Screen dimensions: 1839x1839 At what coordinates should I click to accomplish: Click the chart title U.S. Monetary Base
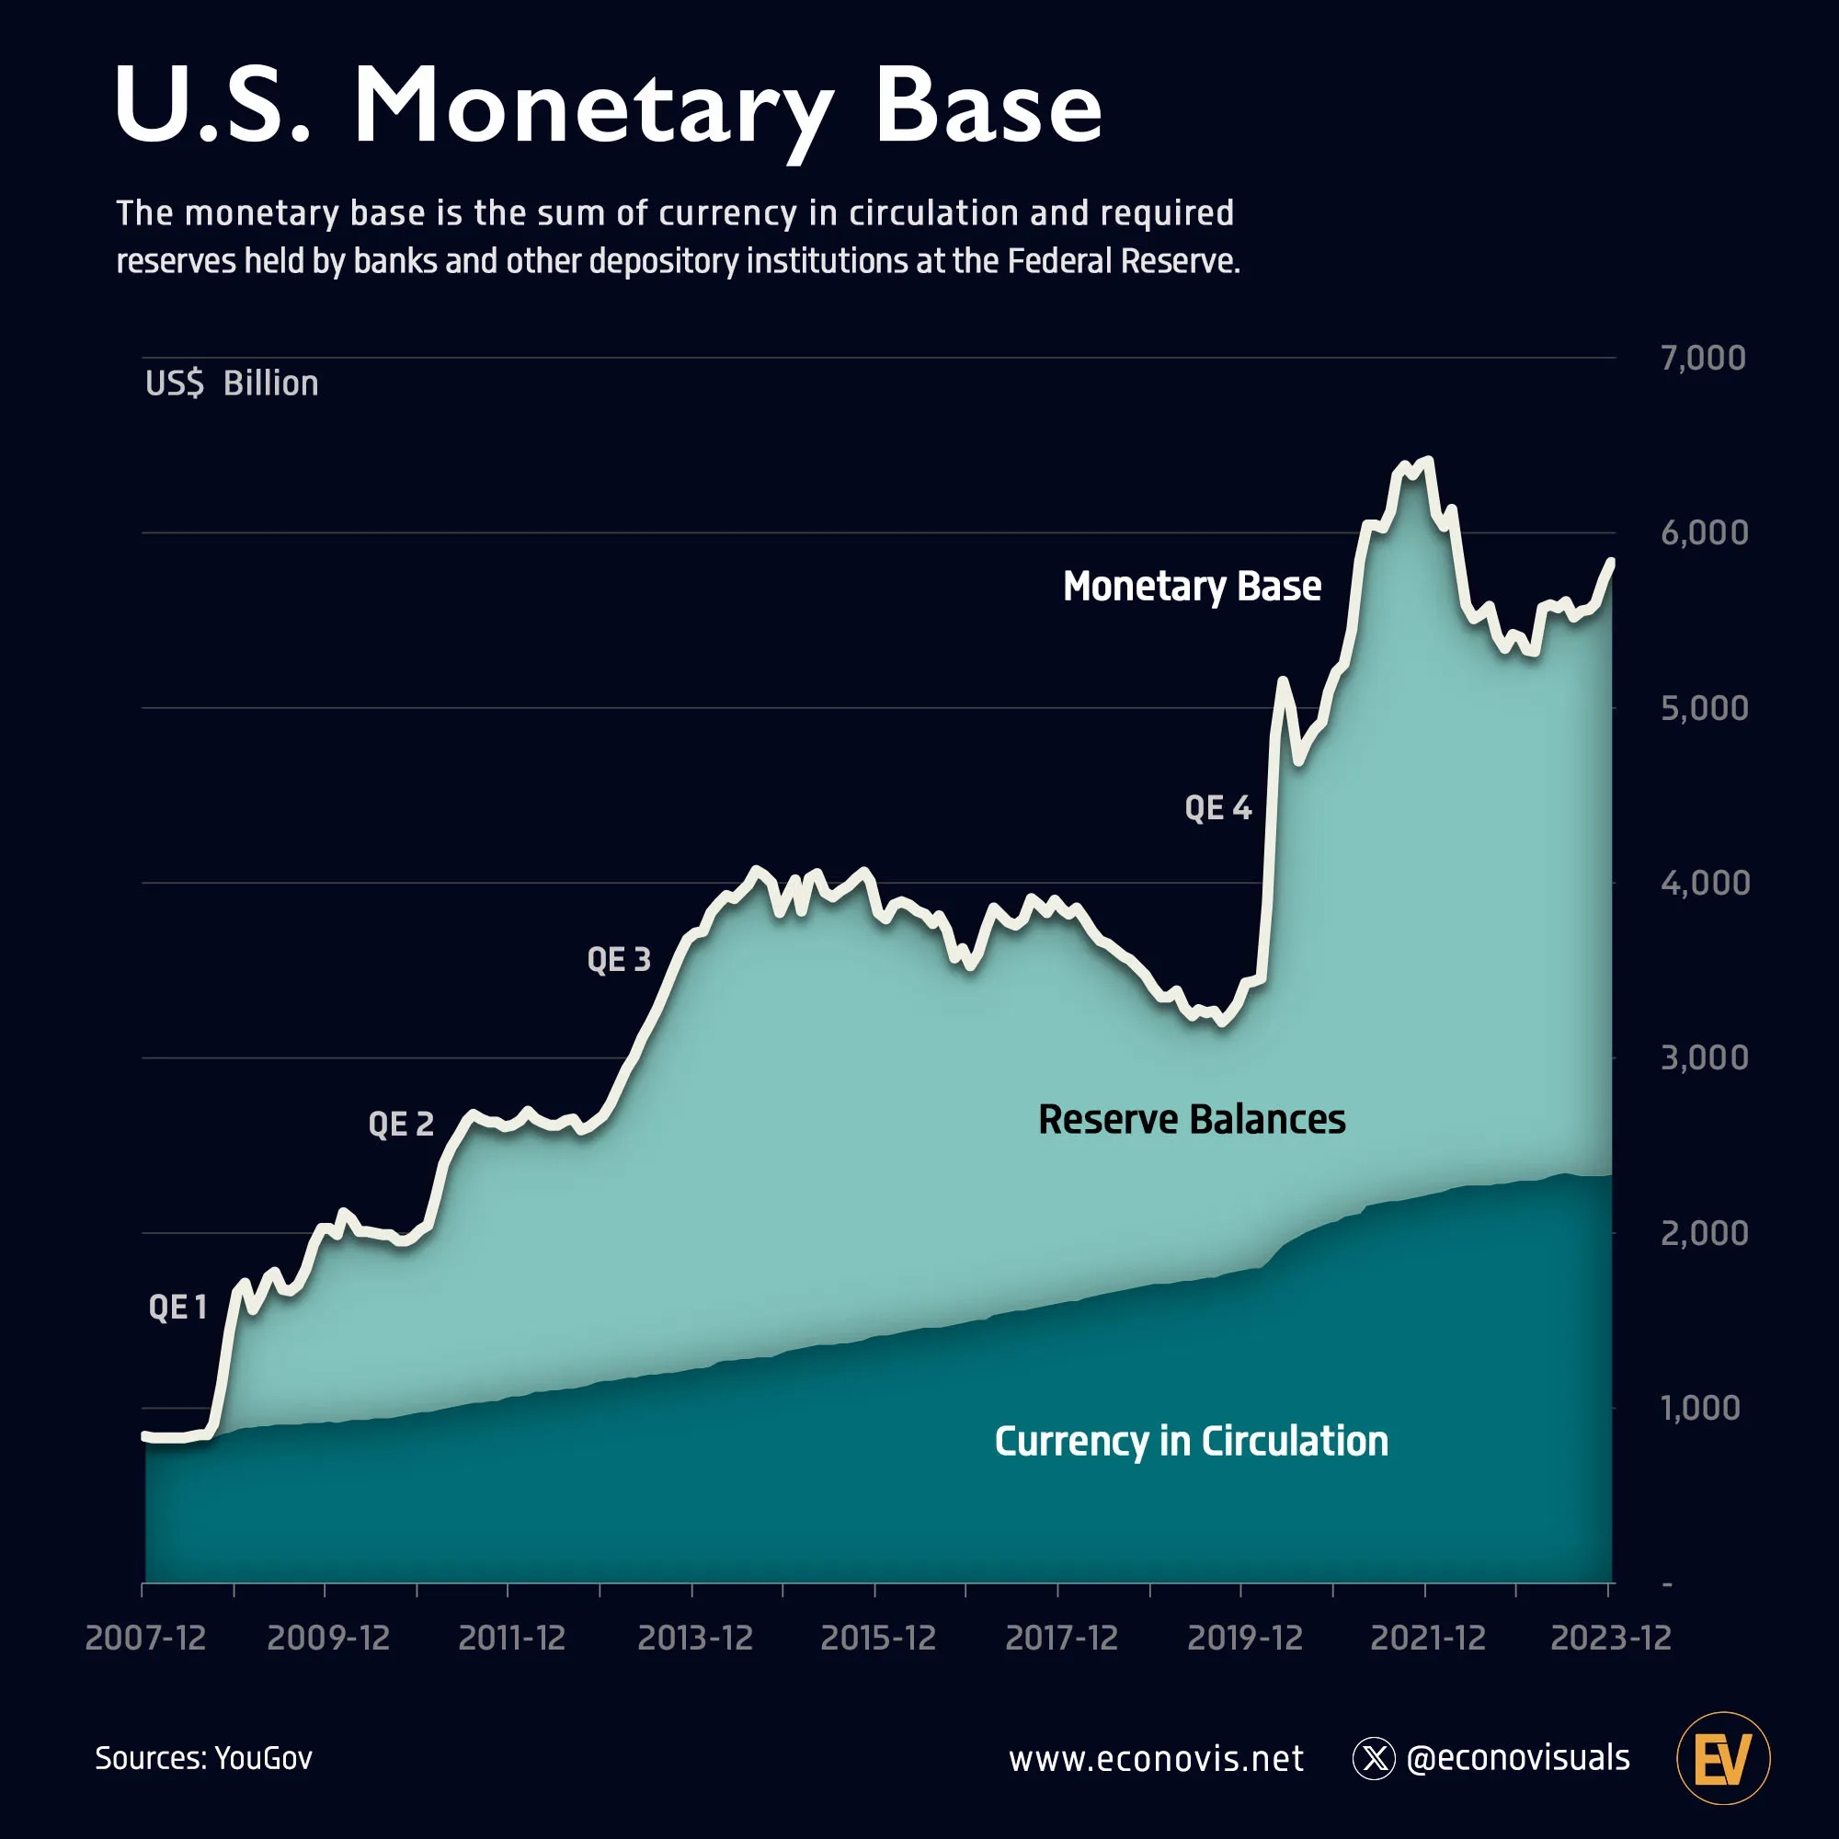tap(607, 107)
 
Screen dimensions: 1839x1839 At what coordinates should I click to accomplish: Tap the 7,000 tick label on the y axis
tap(1703, 358)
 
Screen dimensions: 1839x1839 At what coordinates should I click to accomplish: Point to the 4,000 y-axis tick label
tap(1704, 883)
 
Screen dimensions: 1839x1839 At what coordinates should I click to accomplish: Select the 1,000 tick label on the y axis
tap(1700, 1408)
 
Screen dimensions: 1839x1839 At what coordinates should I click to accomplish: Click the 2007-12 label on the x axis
tap(145, 1639)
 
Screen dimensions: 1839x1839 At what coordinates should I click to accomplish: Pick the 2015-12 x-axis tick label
tap(877, 1639)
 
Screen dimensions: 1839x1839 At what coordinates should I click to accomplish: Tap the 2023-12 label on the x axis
tap(1611, 1639)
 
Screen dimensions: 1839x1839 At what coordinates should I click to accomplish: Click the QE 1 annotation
tap(178, 1307)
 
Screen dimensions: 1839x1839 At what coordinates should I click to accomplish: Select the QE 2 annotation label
tap(401, 1125)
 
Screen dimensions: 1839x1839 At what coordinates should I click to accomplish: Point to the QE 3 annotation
tap(619, 958)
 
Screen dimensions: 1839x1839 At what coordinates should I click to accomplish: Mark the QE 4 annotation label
tap(1217, 808)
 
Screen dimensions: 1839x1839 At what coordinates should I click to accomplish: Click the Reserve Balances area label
tap(1192, 1119)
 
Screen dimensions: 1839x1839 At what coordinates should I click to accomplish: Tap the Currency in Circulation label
tap(1191, 1441)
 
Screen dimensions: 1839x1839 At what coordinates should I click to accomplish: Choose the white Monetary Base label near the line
tap(1192, 587)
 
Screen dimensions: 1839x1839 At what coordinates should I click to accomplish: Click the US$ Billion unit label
tap(232, 383)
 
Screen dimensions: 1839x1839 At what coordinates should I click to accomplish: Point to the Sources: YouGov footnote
tap(204, 1758)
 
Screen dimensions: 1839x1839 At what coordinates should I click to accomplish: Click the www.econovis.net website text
tap(1156, 1759)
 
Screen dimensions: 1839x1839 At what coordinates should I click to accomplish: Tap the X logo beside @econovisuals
tap(1374, 1759)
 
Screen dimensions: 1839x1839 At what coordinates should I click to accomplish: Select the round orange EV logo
tap(1723, 1759)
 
